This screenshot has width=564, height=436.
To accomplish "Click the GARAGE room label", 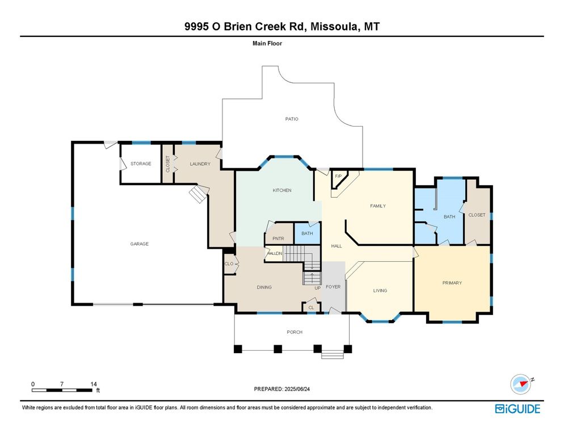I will [x=140, y=244].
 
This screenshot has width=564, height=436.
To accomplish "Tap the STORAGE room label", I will [x=141, y=164].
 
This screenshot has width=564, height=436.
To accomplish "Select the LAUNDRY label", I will [x=200, y=164].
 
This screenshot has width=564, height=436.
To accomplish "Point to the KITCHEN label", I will [x=282, y=190].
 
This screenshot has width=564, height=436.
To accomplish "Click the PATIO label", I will [x=292, y=119].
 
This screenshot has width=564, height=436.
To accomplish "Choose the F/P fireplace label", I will [x=338, y=176].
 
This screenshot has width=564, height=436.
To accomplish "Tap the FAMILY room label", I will [x=378, y=206].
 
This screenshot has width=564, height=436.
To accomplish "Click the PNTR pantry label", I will [x=278, y=238].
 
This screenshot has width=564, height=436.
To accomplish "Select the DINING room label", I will [x=264, y=287].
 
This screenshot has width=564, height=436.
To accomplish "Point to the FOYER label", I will [x=333, y=287].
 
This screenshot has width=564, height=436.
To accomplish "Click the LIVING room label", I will [x=380, y=291].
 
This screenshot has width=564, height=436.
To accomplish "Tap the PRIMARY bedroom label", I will [x=452, y=283].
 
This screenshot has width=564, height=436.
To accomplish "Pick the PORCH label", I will [x=294, y=332].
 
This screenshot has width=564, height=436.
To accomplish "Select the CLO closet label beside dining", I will [x=229, y=264].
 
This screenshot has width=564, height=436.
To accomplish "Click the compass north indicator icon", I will [x=520, y=384].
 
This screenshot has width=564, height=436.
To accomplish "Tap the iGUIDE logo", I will [x=517, y=409].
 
